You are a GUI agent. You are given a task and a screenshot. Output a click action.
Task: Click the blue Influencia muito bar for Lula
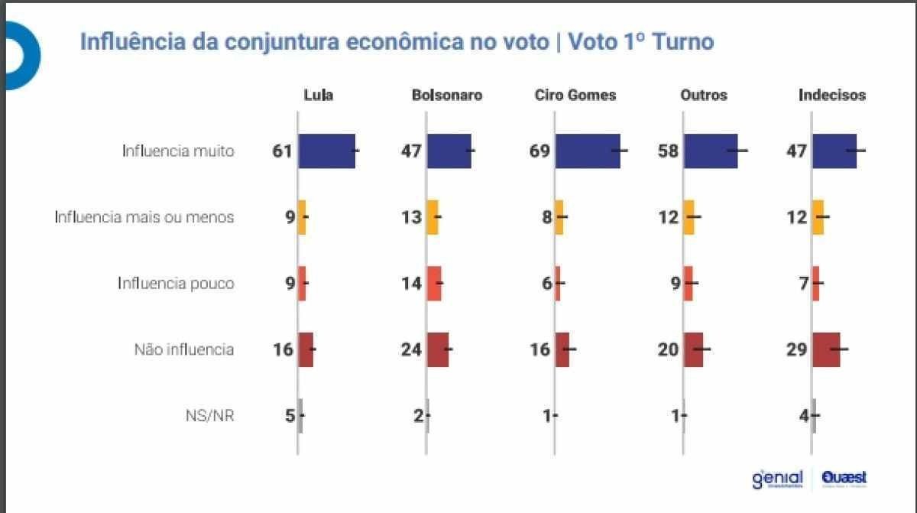point(326,151)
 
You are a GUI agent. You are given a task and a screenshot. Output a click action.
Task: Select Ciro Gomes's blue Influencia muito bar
point(588,151)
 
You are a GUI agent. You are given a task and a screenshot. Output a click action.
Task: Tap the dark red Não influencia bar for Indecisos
point(826,349)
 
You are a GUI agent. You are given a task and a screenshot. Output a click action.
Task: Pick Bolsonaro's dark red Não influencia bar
point(438,349)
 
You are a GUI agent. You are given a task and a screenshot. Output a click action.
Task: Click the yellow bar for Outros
point(689,217)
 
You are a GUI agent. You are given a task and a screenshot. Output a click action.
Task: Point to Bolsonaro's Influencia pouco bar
point(434,283)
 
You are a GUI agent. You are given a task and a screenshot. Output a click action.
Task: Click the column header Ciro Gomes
point(575,96)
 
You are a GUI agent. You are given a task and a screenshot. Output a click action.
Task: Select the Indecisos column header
point(832,96)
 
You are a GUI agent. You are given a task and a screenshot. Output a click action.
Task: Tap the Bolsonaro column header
point(447,96)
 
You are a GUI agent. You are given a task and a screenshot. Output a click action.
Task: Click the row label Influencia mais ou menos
point(144,217)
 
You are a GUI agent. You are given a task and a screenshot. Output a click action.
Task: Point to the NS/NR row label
point(209,416)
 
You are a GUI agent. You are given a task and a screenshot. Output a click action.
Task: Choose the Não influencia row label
point(184,349)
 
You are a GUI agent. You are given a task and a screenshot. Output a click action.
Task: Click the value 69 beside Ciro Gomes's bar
point(540,151)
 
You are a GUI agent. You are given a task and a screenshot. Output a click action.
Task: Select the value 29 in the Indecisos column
point(797,349)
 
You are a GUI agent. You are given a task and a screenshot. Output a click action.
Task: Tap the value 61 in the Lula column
point(283,151)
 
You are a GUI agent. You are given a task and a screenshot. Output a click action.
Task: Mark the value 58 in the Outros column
point(668,151)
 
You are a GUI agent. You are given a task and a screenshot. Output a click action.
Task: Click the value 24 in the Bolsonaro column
point(412,349)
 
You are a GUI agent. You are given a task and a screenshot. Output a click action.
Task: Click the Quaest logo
point(844,479)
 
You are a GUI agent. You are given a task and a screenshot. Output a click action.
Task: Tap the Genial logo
point(777,479)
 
